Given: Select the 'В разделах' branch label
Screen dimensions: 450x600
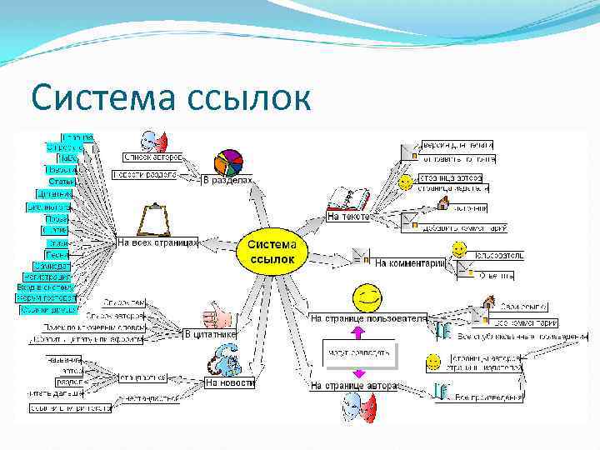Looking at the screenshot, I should pos(227,178).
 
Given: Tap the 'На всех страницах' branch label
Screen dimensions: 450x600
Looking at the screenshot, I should pos(157,242).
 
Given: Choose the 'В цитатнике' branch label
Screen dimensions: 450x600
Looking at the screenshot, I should pos(210,334).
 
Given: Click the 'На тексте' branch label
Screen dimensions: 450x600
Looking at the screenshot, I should pos(347,217).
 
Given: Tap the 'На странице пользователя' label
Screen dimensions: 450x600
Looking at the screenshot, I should pos(368,317).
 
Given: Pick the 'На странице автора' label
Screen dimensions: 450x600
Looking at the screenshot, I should pos(355,386).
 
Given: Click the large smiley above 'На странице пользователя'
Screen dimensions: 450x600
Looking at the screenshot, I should pos(367,296).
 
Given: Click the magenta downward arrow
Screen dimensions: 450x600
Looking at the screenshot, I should pos(357,372).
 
